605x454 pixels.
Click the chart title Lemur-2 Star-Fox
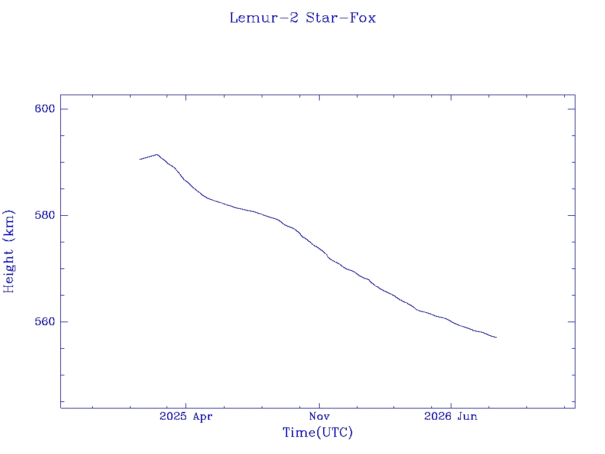(x=302, y=18)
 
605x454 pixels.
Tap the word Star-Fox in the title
(x=341, y=18)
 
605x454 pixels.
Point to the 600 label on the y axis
(x=45, y=109)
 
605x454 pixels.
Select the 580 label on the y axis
(x=45, y=215)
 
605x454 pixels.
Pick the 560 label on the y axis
(x=45, y=322)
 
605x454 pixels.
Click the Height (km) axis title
(x=8, y=252)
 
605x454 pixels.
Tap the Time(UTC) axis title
(x=317, y=432)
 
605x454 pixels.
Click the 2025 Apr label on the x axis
(x=186, y=416)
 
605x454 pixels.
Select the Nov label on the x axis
(x=319, y=416)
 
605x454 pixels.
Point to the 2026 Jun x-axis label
(x=451, y=416)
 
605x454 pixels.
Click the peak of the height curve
(x=157, y=154)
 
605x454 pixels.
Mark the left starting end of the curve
(x=139, y=159)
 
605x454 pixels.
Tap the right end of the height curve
(x=496, y=338)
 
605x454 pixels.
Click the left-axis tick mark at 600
(x=64, y=109)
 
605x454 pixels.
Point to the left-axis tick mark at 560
(x=64, y=322)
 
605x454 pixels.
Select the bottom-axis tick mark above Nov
(x=319, y=404)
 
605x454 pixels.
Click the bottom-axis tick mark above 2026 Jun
(x=451, y=404)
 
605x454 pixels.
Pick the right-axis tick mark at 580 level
(x=571, y=215)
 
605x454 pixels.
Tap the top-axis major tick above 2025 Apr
(x=186, y=99)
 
